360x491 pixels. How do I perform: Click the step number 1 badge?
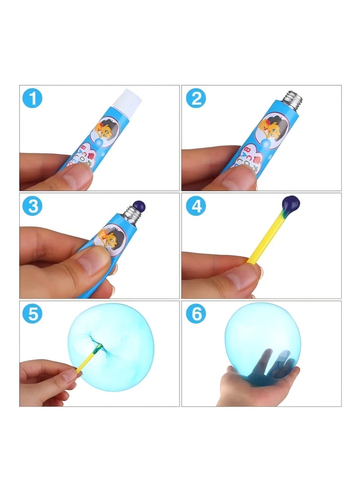[x=32, y=98]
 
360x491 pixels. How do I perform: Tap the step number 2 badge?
[x=196, y=98]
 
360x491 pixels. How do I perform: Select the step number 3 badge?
[x=32, y=206]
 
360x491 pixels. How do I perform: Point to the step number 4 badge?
[x=196, y=206]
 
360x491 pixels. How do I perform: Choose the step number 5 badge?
[x=32, y=314]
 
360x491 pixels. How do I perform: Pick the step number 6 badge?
[x=196, y=314]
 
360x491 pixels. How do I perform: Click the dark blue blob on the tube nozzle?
[x=139, y=207]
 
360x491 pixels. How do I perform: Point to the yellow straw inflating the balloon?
[x=85, y=360]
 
